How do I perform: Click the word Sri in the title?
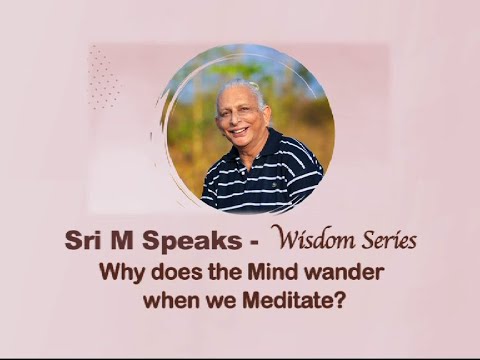(83, 242)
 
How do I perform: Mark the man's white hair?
(240, 88)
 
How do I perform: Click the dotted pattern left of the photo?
(103, 77)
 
